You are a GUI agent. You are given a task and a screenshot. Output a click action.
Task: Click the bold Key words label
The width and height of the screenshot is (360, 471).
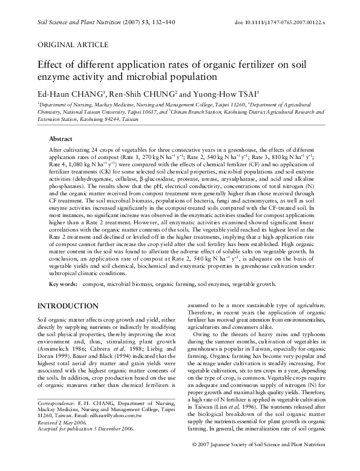coord(62,284)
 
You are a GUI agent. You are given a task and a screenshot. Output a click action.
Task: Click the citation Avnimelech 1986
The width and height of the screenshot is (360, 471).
coord(65,350)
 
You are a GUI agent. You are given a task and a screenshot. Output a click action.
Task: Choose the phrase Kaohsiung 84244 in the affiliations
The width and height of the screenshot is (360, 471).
coord(102,120)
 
